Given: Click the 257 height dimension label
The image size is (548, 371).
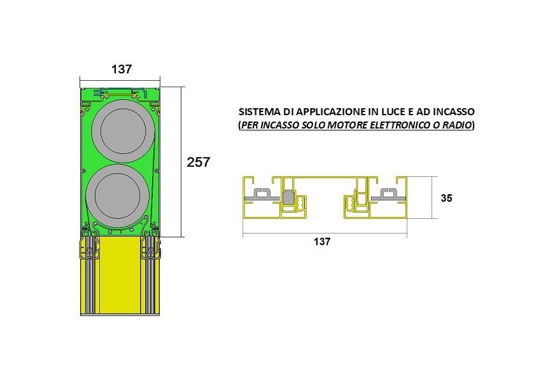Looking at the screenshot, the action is [x=198, y=162].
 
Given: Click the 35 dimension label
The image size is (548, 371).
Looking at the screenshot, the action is [x=446, y=198].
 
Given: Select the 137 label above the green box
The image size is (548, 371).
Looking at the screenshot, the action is [x=122, y=69].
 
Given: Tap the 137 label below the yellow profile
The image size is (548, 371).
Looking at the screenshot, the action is [x=322, y=241].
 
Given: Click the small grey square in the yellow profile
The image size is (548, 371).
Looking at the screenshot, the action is [x=289, y=198].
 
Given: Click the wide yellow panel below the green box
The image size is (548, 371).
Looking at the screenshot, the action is [x=120, y=276].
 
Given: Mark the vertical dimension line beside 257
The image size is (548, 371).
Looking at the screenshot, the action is [x=181, y=162].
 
